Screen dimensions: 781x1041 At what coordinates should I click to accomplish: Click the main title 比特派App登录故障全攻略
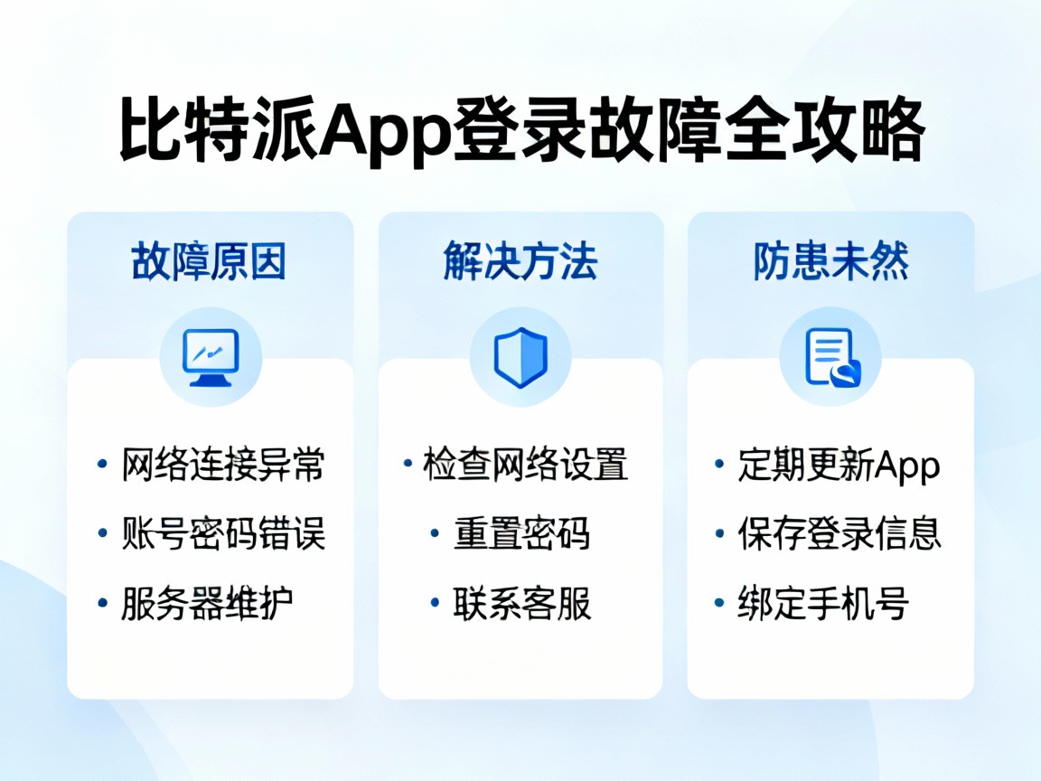point(521,132)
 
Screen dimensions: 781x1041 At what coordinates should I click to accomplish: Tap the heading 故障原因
point(210,262)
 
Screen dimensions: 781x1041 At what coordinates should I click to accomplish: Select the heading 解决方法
point(520,262)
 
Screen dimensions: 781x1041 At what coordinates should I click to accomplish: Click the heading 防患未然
point(831,262)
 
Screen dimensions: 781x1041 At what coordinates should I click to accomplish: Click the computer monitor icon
point(211,356)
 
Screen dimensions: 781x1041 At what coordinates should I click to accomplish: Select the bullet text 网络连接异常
point(223,466)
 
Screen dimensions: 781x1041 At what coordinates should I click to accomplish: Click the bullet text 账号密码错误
point(223,534)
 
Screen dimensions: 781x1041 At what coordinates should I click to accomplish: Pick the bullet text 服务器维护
point(207,603)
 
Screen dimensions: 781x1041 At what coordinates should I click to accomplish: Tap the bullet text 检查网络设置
point(526,466)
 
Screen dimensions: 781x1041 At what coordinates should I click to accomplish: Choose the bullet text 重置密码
point(521,534)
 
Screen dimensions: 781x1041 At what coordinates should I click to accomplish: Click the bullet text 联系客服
point(521,603)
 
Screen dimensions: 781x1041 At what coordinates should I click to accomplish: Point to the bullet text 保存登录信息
point(839,534)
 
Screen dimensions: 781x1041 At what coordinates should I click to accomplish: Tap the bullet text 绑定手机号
point(823,603)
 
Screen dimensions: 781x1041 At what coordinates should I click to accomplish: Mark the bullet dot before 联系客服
point(435,602)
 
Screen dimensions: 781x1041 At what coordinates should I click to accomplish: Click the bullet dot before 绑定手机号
point(719,602)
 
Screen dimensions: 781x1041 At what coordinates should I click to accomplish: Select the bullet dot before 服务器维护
point(102,602)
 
